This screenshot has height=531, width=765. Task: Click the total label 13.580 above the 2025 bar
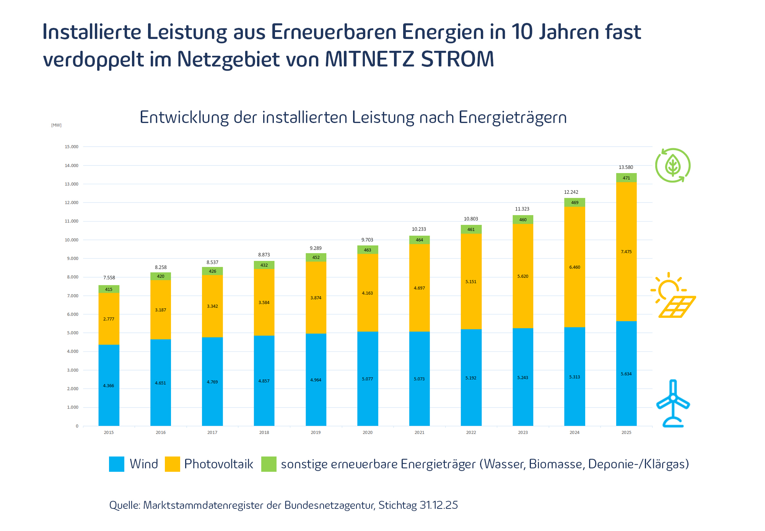(626, 167)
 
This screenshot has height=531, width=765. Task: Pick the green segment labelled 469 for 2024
(575, 202)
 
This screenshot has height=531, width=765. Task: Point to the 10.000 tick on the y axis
(72, 240)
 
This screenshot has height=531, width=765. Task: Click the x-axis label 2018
(264, 432)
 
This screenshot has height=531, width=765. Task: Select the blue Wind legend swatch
(117, 464)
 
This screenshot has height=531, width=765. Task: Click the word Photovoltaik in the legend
(218, 464)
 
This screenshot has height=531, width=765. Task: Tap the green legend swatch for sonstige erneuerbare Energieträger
(269, 464)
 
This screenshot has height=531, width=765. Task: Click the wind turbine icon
(673, 403)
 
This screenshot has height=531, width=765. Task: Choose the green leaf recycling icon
(672, 165)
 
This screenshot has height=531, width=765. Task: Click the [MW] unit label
(56, 125)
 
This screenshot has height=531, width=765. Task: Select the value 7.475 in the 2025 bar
(626, 252)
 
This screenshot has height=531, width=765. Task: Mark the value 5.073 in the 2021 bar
(419, 379)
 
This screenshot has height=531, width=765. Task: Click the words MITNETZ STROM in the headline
(409, 60)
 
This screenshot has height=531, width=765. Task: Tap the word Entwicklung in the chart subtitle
(184, 117)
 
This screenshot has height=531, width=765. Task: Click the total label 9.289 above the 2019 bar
(316, 248)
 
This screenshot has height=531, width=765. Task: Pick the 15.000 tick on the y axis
(72, 147)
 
